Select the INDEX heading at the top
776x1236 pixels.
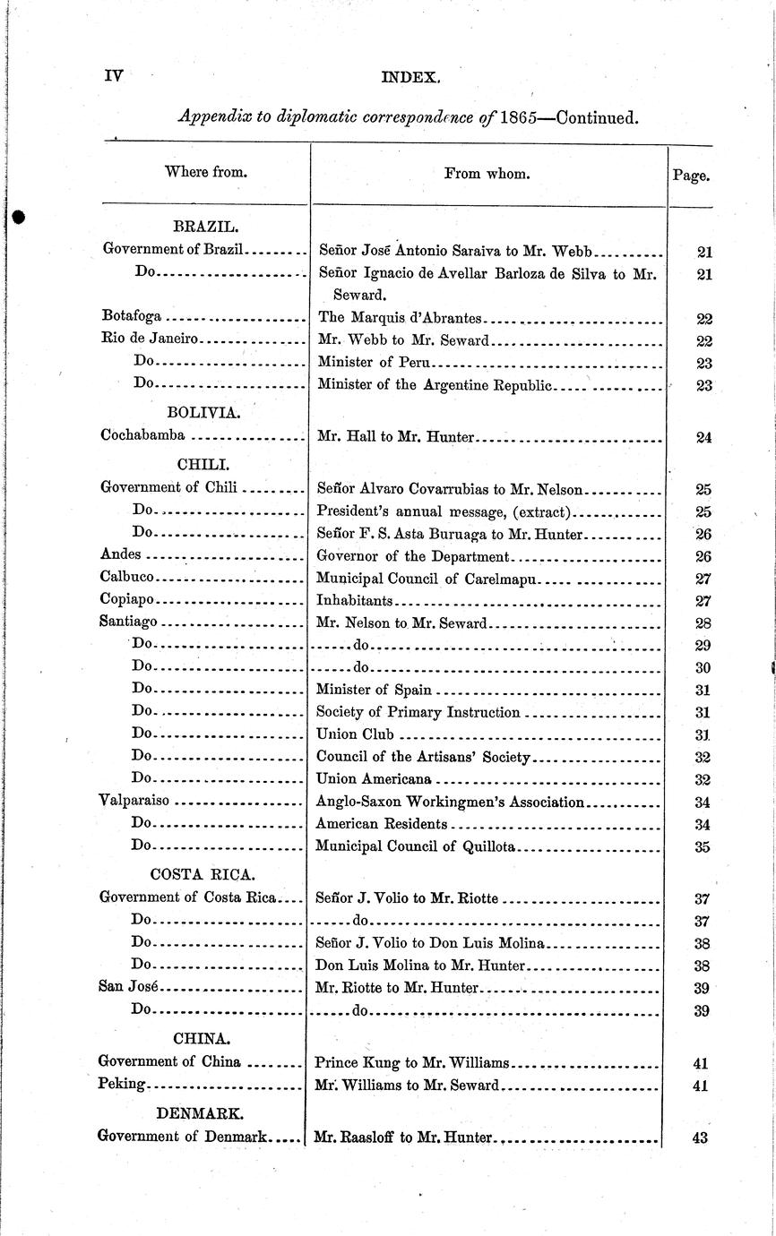coord(410,78)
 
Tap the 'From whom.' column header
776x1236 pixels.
coord(487,174)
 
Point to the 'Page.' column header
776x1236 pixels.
coord(691,176)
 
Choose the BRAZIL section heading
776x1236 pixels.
coord(204,227)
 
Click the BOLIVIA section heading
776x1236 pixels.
coord(203,412)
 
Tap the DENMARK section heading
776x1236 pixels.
coord(200,1113)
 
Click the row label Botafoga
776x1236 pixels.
coord(131,317)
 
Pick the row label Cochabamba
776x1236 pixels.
coord(143,435)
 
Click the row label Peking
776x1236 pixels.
coord(121,1084)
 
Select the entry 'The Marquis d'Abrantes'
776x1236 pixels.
coord(400,317)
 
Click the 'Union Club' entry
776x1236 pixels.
coord(356,734)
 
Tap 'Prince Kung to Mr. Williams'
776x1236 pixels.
coord(412,1062)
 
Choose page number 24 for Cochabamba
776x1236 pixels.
coord(703,438)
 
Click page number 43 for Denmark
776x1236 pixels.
coord(700,1137)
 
